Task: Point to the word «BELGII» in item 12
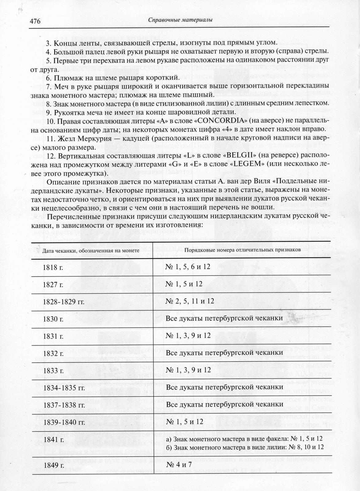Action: tap(241, 155)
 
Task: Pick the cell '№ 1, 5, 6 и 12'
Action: tap(188, 267)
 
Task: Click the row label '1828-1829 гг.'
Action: tap(64, 302)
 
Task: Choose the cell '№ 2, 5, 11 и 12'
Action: tap(190, 301)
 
